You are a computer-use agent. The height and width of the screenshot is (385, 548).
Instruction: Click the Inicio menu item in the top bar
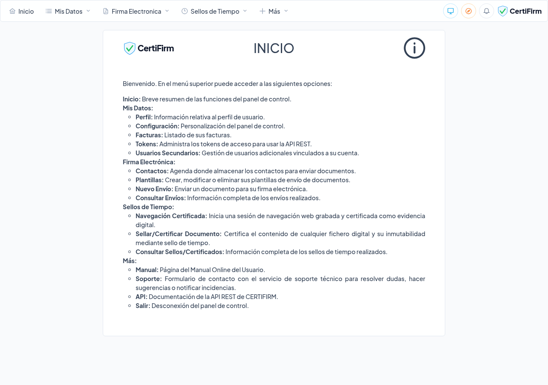coord(22,11)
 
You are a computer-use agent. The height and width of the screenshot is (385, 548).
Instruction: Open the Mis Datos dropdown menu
coord(68,11)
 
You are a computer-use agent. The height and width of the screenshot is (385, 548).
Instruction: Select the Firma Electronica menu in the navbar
coord(136,11)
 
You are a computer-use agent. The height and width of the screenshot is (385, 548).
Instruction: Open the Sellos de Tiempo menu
coord(214,11)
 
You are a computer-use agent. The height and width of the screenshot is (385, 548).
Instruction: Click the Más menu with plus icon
coord(274,11)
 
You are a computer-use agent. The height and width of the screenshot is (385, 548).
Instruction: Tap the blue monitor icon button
coord(450,11)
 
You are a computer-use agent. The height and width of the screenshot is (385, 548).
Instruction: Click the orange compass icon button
coord(468,11)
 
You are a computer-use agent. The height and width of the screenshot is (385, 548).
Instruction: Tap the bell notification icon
coord(486,11)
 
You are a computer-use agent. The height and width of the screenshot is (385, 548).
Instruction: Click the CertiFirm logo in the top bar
coord(520,11)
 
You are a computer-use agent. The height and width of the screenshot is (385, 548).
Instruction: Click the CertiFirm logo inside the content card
coord(149,48)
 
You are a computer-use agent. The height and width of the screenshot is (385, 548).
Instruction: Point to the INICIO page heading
coord(274,48)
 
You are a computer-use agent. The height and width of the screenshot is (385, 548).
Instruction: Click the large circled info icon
coord(414,48)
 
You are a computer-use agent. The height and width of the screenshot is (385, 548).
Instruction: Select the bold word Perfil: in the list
coord(144,117)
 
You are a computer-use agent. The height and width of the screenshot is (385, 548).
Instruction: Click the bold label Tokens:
coord(147,144)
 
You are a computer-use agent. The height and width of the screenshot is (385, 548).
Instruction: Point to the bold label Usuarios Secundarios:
coord(168,153)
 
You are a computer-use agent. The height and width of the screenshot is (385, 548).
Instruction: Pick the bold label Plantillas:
coord(149,180)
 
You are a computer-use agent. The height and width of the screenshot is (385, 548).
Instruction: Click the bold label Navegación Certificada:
coord(171,216)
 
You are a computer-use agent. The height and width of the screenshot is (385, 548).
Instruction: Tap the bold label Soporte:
coord(149,278)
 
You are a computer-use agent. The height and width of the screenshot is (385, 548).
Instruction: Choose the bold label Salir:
coord(143,305)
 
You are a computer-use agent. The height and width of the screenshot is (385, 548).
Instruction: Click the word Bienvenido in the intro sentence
coord(139,83)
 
